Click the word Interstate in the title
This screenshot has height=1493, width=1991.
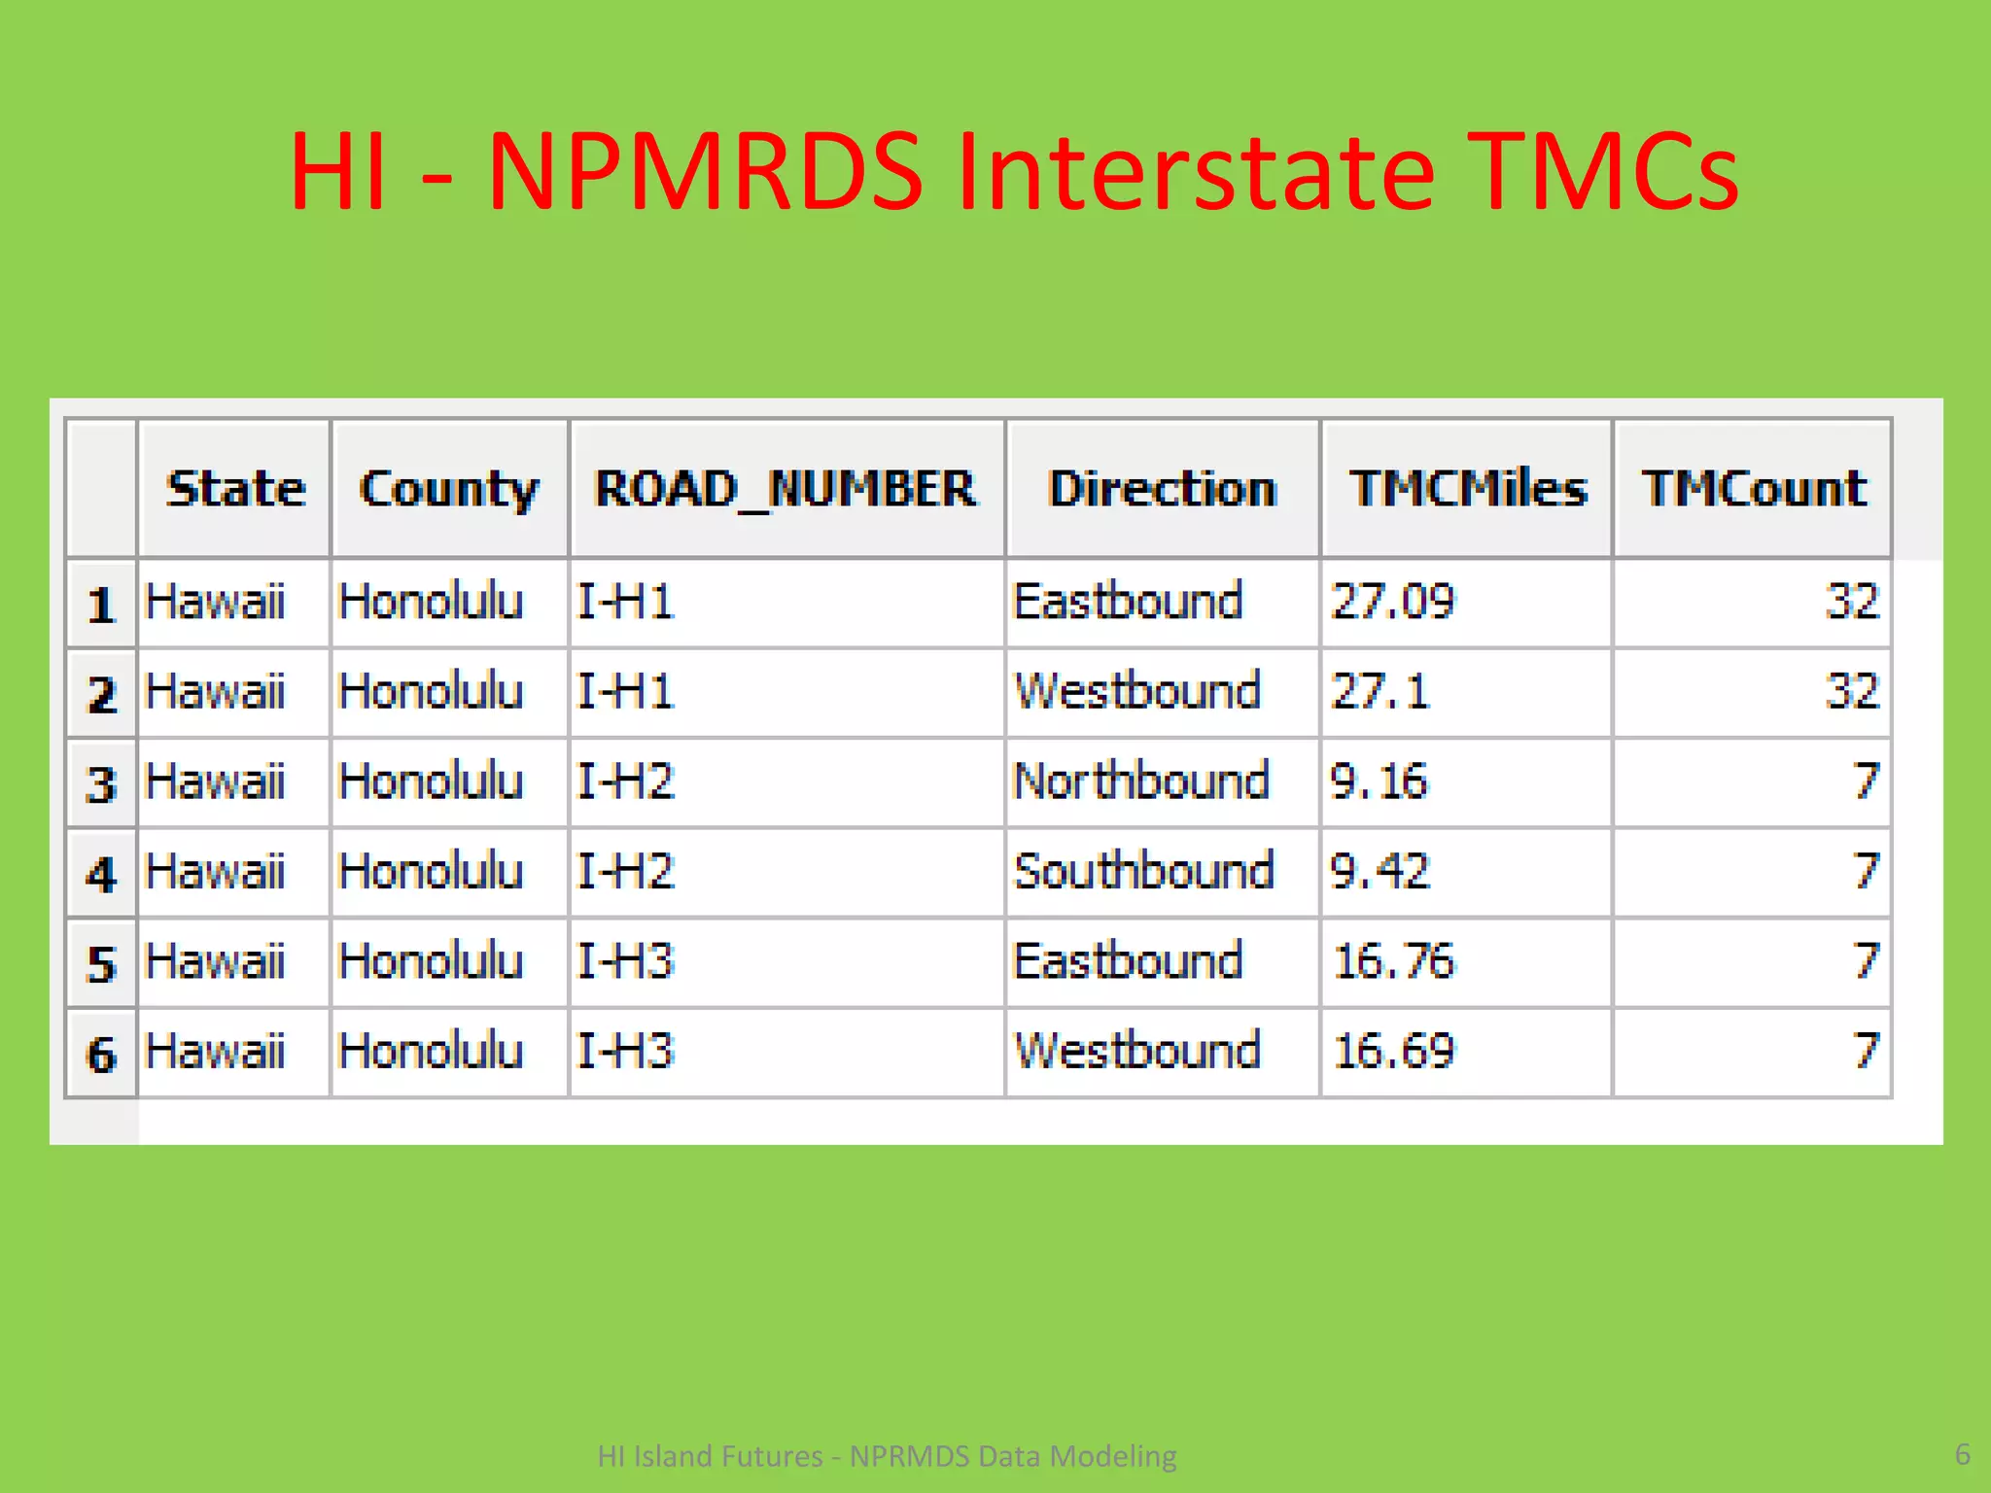(x=1196, y=172)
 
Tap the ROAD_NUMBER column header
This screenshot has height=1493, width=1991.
(x=786, y=489)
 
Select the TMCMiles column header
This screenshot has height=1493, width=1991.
(x=1467, y=489)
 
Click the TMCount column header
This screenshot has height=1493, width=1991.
(x=1754, y=489)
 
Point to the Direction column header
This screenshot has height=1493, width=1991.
(x=1162, y=489)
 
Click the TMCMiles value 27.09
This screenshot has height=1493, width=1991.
(x=1392, y=602)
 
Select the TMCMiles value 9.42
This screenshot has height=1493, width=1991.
(x=1380, y=872)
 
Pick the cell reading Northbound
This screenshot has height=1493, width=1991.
(x=1140, y=781)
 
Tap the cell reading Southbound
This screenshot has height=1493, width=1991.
(x=1143, y=872)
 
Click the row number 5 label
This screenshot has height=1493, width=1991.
(x=101, y=964)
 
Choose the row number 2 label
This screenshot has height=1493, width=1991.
(x=101, y=694)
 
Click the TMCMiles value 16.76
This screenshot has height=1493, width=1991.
(x=1394, y=962)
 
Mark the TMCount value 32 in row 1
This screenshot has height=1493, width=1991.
(x=1851, y=602)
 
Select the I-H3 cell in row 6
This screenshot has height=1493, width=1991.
(x=625, y=1052)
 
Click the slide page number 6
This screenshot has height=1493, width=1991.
(x=1962, y=1454)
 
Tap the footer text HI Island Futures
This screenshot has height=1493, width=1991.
(x=710, y=1456)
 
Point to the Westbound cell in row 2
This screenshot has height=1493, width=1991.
(x=1136, y=692)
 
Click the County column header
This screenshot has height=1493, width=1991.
(x=448, y=489)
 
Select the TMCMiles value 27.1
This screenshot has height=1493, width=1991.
(x=1380, y=692)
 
